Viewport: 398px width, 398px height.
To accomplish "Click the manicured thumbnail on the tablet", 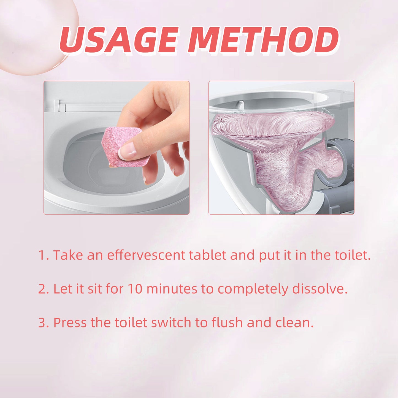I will click(127, 151).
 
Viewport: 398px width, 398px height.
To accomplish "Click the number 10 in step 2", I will click(135, 289).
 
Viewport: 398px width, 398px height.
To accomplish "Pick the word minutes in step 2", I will click(172, 289).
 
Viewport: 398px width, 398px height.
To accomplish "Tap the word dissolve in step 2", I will click(320, 289).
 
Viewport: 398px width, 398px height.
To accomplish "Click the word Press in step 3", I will click(70, 323).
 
